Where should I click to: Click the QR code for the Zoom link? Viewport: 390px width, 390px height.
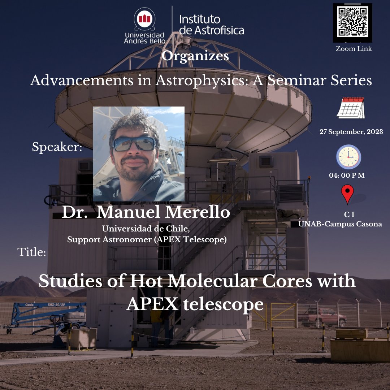pyautogui.click(x=352, y=22)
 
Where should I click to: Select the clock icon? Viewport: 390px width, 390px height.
pyautogui.click(x=348, y=157)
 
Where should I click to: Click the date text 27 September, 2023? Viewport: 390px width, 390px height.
pyautogui.click(x=351, y=132)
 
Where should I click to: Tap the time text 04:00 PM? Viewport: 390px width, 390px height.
pyautogui.click(x=347, y=175)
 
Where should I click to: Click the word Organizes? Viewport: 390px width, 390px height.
pyautogui.click(x=195, y=56)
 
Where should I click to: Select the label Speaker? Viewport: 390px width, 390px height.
pyautogui.click(x=57, y=147)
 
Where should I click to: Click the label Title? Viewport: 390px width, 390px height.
pyautogui.click(x=32, y=252)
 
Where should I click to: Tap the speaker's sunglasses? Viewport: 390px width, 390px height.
pyautogui.click(x=134, y=144)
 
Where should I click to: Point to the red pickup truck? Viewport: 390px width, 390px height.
pyautogui.click(x=323, y=316)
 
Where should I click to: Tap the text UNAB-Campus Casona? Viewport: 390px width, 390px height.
pyautogui.click(x=340, y=224)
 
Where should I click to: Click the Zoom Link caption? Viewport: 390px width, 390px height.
pyautogui.click(x=354, y=49)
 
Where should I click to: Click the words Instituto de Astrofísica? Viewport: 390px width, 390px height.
pyautogui.click(x=212, y=25)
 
